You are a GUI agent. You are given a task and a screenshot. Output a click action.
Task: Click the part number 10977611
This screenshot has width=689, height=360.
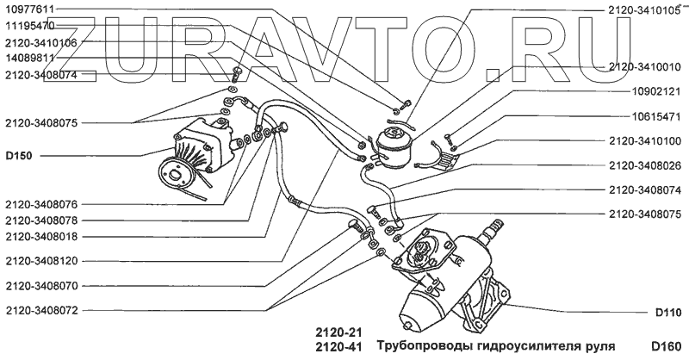pos(29,9)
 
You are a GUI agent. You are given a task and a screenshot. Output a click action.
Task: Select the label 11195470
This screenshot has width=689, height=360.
pos(29,26)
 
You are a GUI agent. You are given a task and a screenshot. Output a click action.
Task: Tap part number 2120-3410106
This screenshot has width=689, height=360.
pos(40,42)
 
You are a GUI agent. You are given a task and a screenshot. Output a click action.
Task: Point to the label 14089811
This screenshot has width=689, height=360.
pos(29,59)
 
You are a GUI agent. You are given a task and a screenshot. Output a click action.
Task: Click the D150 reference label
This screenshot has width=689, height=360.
pos(18,157)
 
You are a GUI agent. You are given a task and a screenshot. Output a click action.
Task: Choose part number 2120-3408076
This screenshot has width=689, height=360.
pos(40,204)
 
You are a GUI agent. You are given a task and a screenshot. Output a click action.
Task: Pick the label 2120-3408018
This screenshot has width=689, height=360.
pos(40,235)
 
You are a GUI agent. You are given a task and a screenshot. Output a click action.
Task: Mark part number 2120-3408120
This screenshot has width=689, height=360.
pos(40,259)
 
